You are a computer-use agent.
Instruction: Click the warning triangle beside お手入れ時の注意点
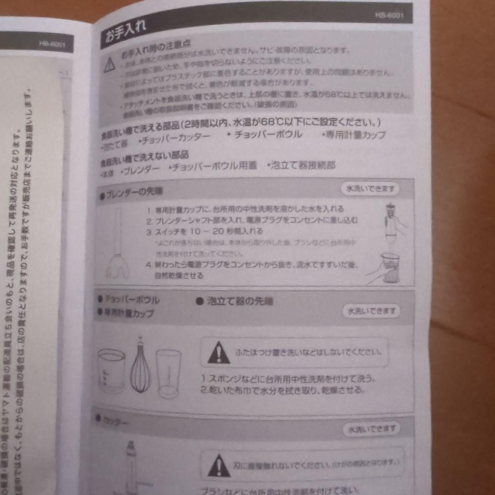(x=109, y=66)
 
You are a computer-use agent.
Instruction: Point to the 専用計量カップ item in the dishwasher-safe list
(x=353, y=135)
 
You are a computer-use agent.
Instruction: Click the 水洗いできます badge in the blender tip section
(x=369, y=189)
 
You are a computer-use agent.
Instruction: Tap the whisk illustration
(x=140, y=367)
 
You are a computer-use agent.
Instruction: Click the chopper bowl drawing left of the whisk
(x=111, y=370)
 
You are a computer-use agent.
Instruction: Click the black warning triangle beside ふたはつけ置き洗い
(x=219, y=353)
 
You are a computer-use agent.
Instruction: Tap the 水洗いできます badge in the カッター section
(x=371, y=429)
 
